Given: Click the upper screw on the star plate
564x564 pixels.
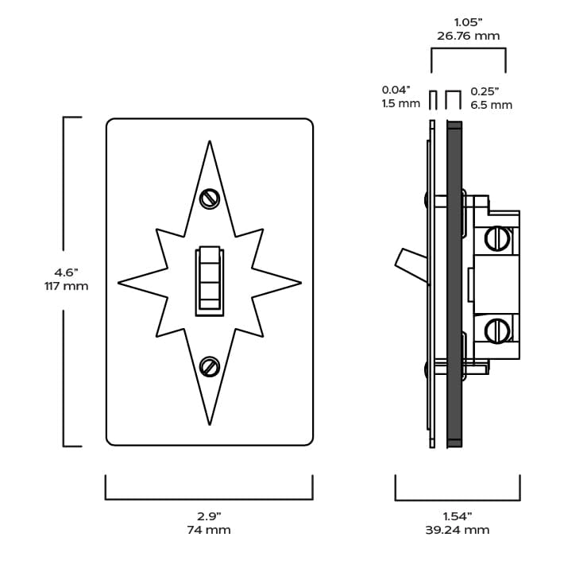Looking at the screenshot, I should click(209, 199).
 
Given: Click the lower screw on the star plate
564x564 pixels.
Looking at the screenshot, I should click(209, 366).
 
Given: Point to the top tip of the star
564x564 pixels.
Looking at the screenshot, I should click(209, 143).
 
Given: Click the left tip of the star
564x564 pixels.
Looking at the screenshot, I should click(120, 282).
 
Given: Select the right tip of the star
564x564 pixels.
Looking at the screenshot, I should click(299, 282).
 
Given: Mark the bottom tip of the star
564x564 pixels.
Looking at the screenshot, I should click(209, 423).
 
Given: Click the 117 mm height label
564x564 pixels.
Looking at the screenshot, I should click(66, 286).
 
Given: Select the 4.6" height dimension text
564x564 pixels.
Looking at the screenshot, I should click(66, 272).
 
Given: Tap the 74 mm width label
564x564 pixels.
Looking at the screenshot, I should click(209, 530).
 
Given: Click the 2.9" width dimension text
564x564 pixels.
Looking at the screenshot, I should click(209, 516).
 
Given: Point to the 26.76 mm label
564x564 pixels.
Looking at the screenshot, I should click(469, 36).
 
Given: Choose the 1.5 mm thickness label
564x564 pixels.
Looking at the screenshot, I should click(401, 104).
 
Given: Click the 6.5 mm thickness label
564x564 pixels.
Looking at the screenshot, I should click(491, 105).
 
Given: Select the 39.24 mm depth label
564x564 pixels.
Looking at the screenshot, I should click(458, 530).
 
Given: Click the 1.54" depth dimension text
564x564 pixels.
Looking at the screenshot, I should click(458, 516).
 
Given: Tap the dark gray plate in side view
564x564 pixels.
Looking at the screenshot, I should click(454, 282).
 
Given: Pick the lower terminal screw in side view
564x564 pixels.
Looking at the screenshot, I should click(496, 328).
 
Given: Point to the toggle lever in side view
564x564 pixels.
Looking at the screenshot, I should click(411, 265).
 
